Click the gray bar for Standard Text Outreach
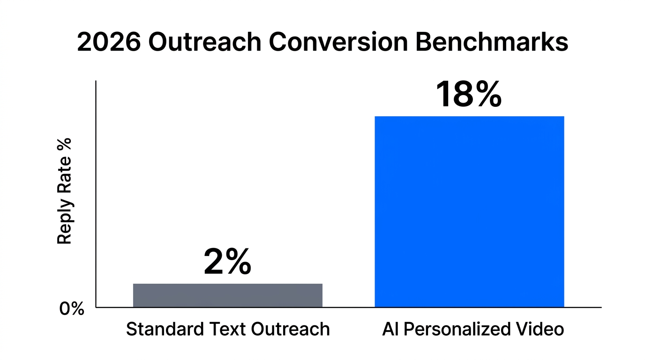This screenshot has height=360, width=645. tap(227, 295)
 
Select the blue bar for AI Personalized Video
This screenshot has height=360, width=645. tap(469, 211)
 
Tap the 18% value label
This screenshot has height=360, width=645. tap(468, 95)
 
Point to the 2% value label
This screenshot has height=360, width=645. tap(227, 262)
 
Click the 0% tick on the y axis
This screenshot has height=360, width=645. tap(72, 309)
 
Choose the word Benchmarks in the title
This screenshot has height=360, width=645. tap(492, 43)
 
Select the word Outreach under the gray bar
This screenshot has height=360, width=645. tap(290, 329)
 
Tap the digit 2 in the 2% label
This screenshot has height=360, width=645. tap(213, 262)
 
